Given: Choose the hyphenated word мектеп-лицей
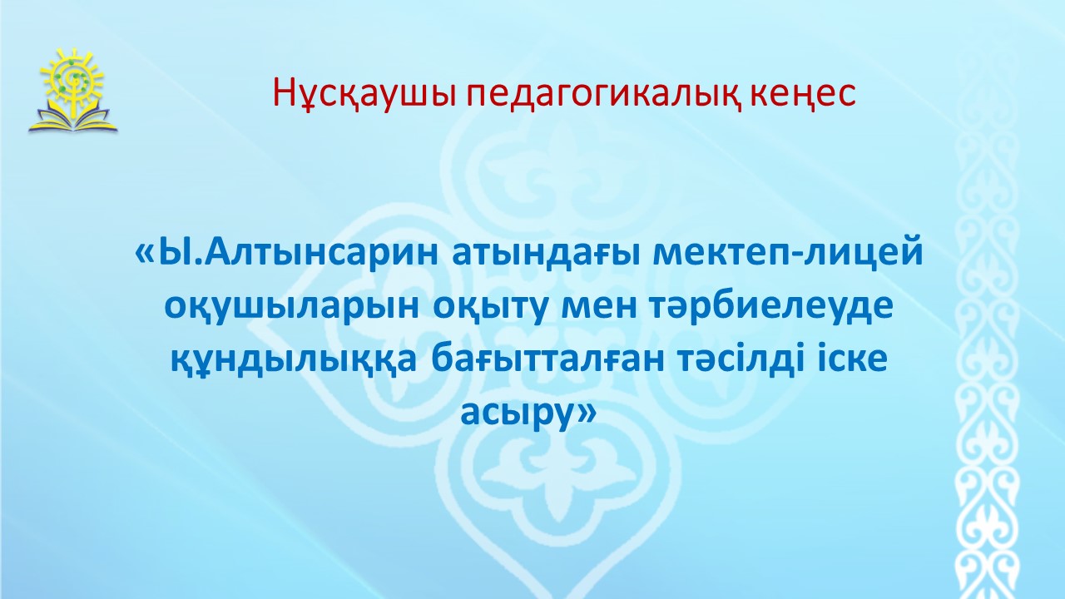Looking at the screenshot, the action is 788,253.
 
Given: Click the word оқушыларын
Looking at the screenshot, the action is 291,307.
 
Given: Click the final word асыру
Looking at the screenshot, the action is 518,413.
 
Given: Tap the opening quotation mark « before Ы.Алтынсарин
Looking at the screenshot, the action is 146,255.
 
